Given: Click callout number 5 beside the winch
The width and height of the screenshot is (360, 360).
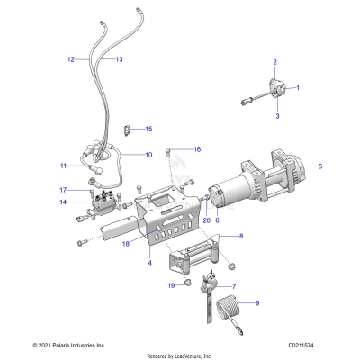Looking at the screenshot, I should (x=320, y=166).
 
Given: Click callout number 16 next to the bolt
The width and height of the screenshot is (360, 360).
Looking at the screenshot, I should (x=197, y=148).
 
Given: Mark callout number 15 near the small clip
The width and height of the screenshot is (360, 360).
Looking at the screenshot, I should (x=149, y=130).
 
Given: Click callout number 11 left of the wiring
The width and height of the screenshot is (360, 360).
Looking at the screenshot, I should (x=64, y=166).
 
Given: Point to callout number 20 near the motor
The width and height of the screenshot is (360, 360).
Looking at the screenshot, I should (x=180, y=220).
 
